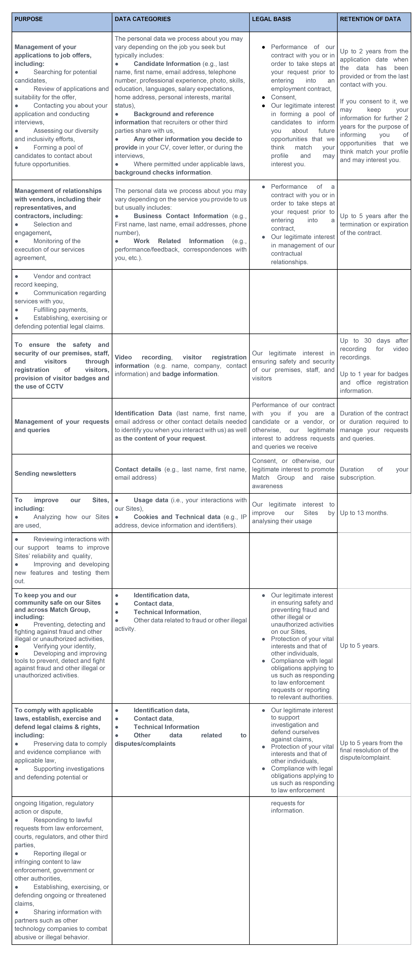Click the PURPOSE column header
(29, 19)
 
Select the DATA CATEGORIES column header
(142, 19)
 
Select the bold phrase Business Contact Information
(181, 216)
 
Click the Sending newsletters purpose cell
(45, 473)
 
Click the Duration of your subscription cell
(374, 473)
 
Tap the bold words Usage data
(151, 500)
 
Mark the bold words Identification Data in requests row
(143, 413)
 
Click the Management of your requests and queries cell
(62, 426)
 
